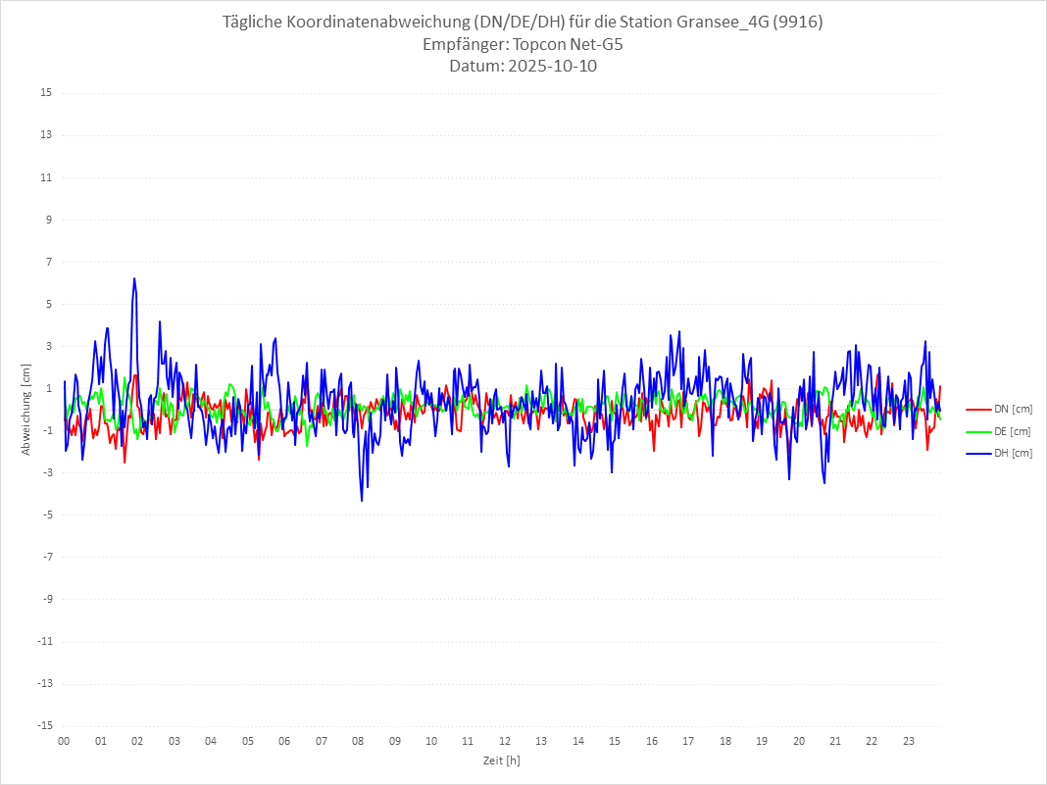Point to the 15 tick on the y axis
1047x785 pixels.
45,93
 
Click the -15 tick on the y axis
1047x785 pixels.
43,725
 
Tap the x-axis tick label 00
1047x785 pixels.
64,741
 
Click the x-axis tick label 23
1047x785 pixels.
909,741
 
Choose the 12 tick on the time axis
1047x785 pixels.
505,741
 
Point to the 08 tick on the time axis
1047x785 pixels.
358,741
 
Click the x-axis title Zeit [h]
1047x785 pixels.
501,760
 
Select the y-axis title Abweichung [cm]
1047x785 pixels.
26,409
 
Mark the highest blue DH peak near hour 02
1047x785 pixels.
134,278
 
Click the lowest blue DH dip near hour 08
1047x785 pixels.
362,501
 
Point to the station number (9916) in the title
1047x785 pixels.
797,23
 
